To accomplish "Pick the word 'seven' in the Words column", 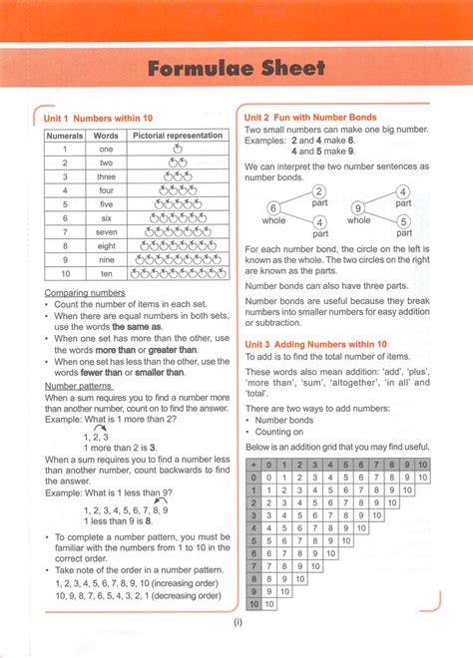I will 107,231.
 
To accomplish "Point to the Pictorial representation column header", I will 178,135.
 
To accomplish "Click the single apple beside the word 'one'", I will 178,149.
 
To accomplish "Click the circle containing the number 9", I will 357,207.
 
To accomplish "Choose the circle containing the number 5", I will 403,221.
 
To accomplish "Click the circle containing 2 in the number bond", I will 319,192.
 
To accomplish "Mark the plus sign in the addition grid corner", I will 253,464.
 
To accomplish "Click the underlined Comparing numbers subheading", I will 85,293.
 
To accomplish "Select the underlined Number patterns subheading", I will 80,385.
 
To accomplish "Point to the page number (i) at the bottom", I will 237,623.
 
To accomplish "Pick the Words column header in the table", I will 107,135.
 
